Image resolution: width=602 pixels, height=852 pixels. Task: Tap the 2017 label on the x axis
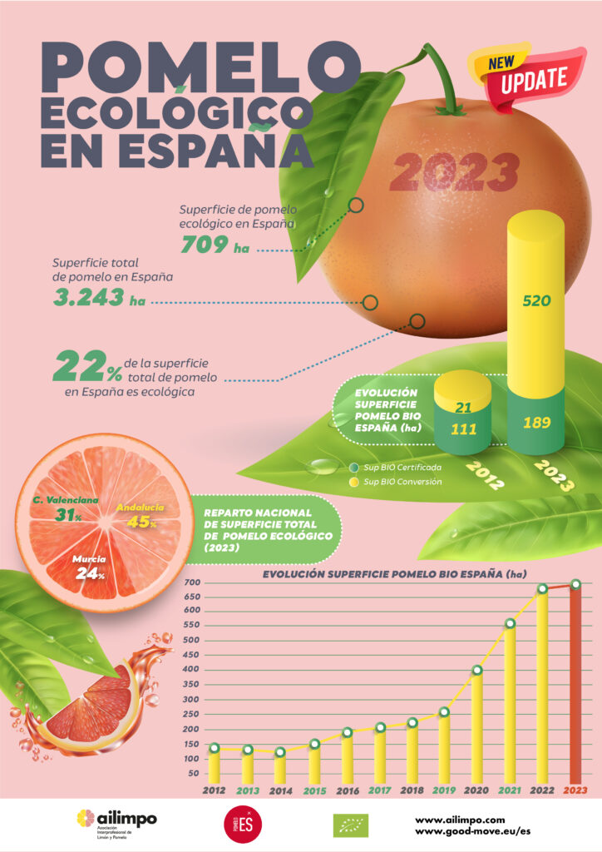(x=378, y=790)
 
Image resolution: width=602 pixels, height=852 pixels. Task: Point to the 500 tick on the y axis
(x=193, y=641)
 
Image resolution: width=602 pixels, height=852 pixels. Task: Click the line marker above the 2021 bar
(x=511, y=623)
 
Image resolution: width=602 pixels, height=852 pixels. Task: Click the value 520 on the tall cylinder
(x=536, y=301)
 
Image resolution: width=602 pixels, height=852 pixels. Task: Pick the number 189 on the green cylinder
(x=536, y=422)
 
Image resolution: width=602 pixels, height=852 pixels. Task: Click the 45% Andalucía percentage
(x=142, y=523)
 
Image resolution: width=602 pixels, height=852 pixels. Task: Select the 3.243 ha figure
(x=98, y=297)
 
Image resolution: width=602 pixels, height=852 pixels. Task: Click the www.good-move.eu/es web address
(x=471, y=831)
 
